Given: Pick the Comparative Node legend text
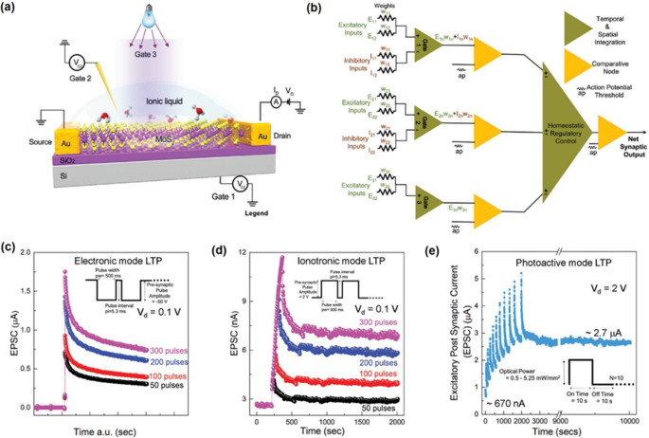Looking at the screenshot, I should tap(616, 64).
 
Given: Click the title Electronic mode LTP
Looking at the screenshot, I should tap(130, 259).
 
